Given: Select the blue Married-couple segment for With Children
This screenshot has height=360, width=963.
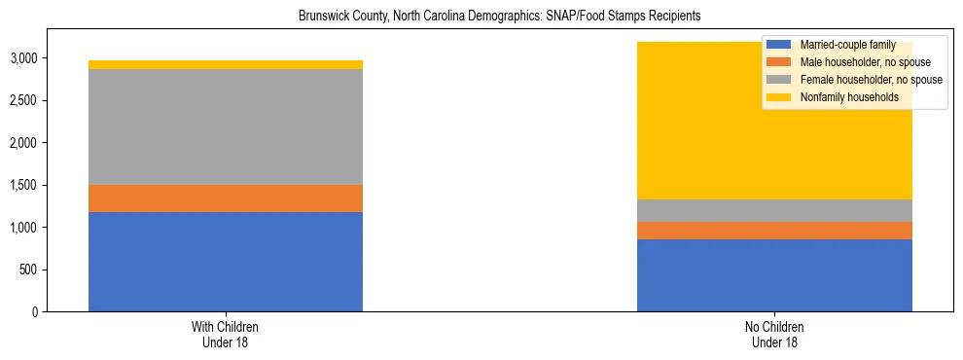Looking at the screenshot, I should [226, 262].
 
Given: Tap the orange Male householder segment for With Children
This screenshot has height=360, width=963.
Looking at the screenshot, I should [226, 198].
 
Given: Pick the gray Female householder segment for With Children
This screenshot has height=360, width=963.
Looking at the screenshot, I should [226, 126].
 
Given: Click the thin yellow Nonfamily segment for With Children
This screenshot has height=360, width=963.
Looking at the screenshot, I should [226, 65].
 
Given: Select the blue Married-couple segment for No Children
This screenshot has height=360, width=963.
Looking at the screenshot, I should [774, 275].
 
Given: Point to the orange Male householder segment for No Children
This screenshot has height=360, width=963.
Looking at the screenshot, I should [774, 231].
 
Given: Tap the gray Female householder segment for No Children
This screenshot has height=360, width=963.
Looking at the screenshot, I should [774, 210].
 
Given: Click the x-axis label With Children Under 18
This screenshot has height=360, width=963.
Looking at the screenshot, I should [226, 335].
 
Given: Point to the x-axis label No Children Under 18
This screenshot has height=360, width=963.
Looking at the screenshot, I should [774, 335].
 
